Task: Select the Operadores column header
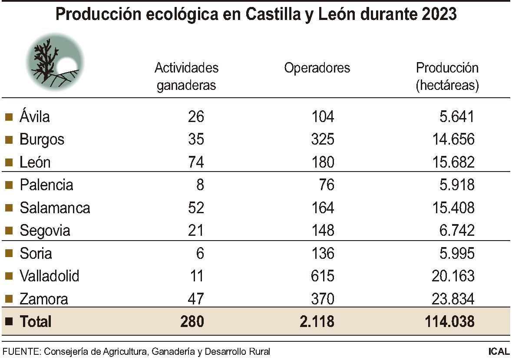pos(317,68)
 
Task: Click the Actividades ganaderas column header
pos(186,76)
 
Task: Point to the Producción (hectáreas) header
pos(447,76)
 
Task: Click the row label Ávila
pos(35,117)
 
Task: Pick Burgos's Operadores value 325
pos(323,139)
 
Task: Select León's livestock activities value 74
pos(196,162)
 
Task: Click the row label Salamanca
pos(55,208)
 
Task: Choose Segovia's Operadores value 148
pos(323,231)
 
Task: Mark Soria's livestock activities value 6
pos(200,253)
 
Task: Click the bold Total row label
pos(36,322)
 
